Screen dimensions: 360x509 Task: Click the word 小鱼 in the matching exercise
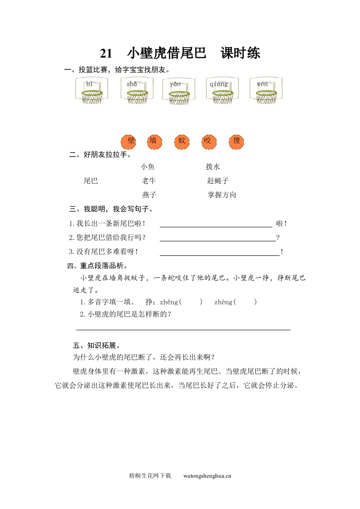coord(148,167)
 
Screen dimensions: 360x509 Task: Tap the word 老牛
coord(149,181)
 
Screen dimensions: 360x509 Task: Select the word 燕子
coord(149,195)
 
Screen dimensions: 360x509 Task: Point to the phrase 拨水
coord(213,167)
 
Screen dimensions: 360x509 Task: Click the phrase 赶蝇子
coord(218,181)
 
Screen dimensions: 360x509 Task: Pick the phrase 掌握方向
coord(222,195)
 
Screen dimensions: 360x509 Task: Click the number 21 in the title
coord(106,54)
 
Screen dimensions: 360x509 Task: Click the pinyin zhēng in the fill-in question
coord(169,302)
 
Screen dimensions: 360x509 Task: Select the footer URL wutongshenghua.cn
coord(207,476)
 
